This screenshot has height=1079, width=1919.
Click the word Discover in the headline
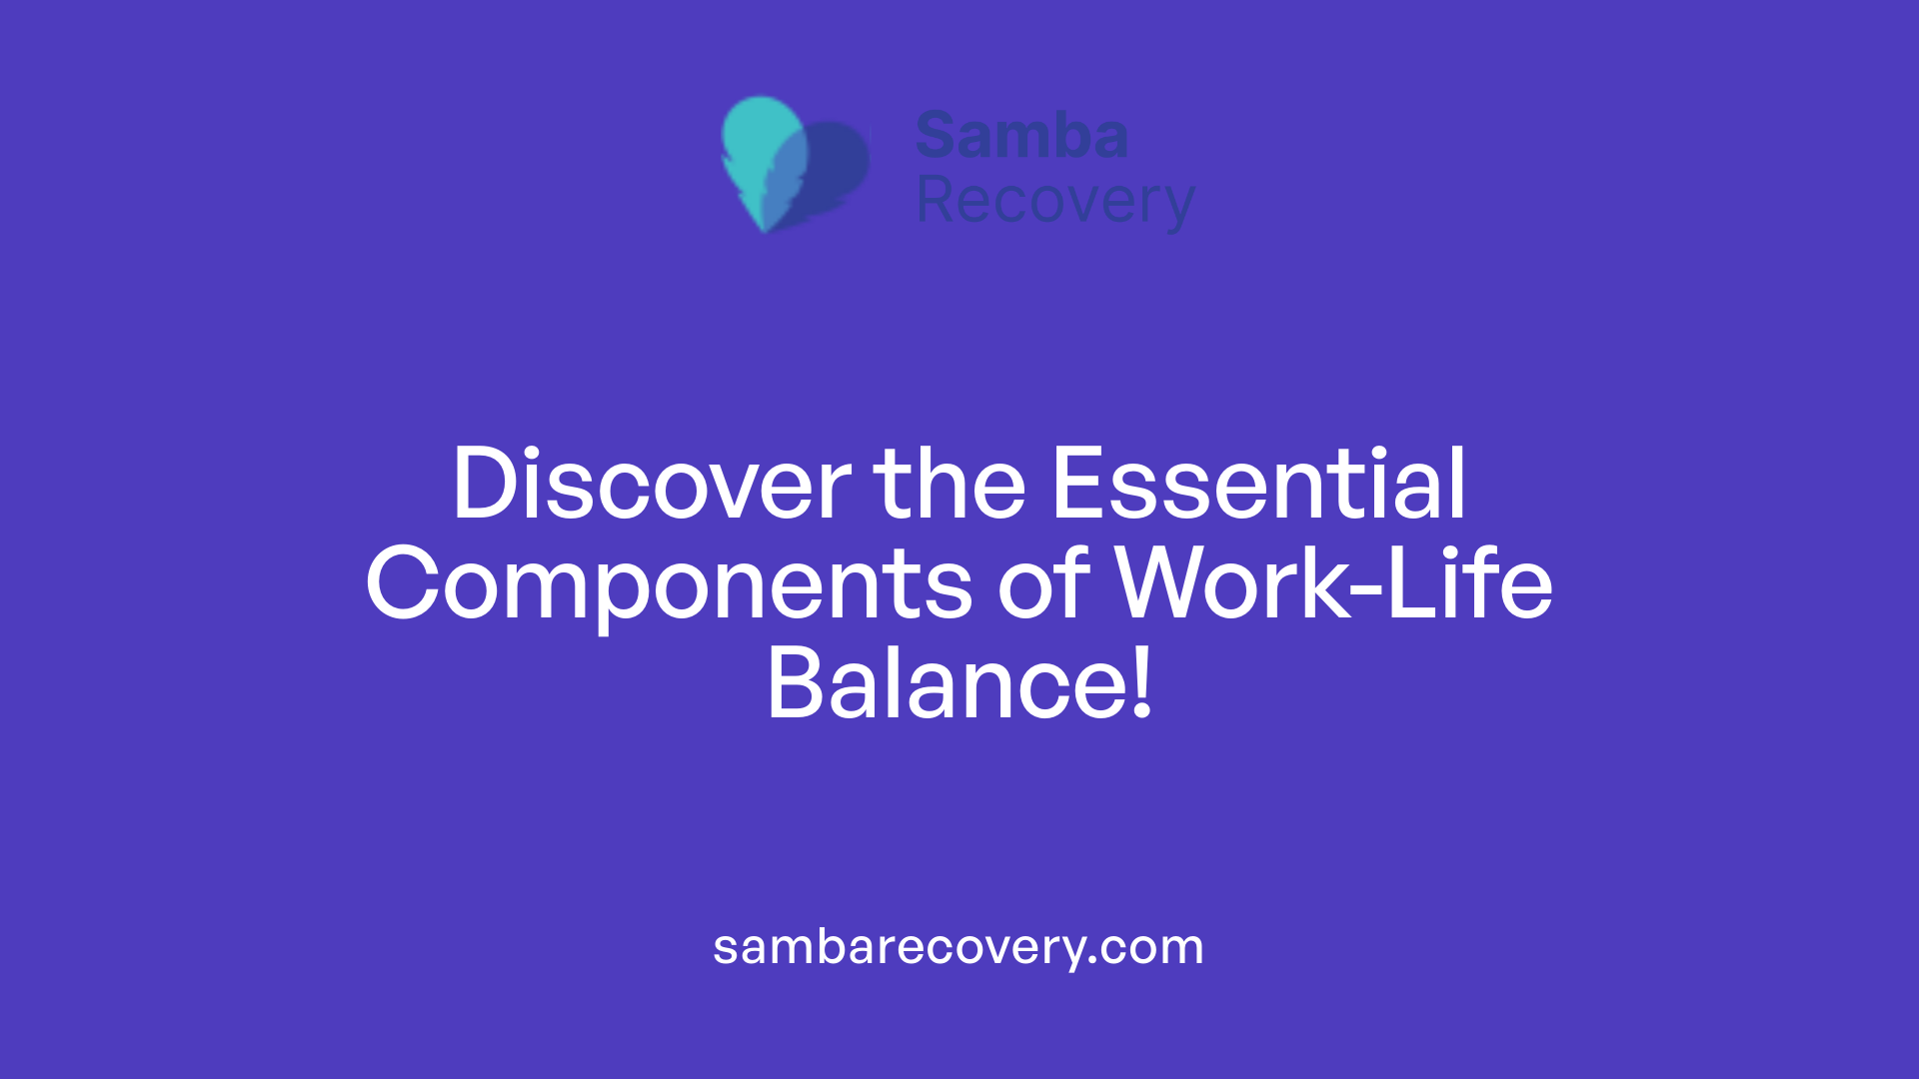(x=651, y=485)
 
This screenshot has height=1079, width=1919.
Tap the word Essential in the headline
(x=1258, y=485)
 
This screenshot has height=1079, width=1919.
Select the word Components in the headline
(x=669, y=584)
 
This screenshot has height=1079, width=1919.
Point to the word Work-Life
(x=1333, y=584)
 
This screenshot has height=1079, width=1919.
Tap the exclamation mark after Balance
(x=1142, y=684)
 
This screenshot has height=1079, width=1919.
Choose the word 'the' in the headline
(x=950, y=485)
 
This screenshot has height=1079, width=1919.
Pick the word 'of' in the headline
(x=1043, y=584)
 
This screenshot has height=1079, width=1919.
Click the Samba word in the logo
(x=1021, y=135)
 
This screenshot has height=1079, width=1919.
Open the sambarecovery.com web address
(x=959, y=947)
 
